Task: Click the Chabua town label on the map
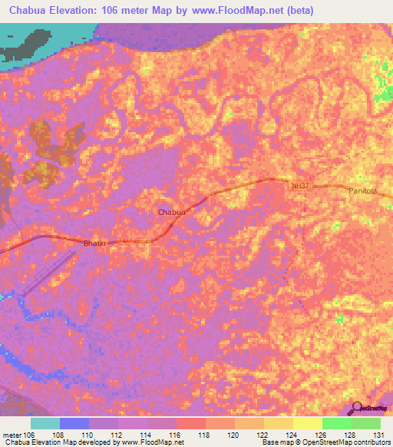click(171, 211)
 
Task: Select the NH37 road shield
click(300, 186)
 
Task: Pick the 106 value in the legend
click(31, 435)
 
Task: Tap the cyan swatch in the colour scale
click(45, 424)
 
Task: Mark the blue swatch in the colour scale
click(74, 424)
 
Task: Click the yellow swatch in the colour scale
click(308, 424)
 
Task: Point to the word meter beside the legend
click(12, 435)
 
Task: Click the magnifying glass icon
click(355, 407)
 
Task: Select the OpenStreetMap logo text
click(375, 409)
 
